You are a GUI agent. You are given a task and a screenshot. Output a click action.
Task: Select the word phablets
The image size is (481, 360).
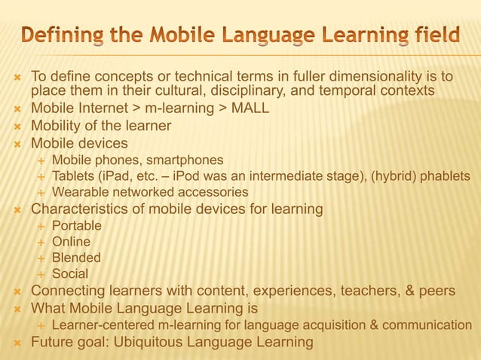[446, 176]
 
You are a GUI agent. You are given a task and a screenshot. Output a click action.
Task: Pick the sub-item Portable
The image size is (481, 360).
[76, 225]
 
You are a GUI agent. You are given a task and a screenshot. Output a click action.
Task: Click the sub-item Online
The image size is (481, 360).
[71, 242]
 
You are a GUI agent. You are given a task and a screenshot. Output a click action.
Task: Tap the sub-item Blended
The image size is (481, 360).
[76, 258]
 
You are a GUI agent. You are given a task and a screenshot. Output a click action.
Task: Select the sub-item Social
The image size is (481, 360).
[70, 274]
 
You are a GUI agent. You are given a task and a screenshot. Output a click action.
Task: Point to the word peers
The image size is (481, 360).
[434, 291]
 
